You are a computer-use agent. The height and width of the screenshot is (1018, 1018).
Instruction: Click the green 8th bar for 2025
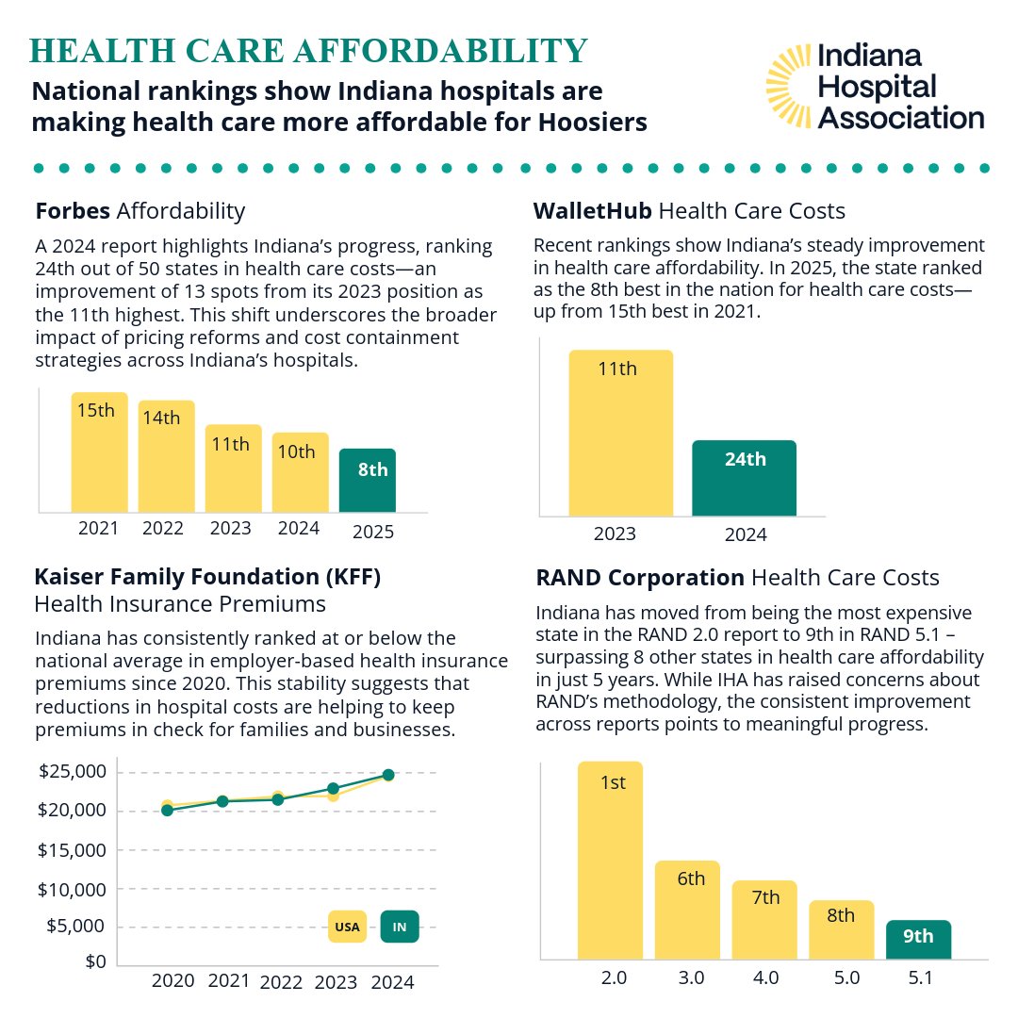click(x=368, y=480)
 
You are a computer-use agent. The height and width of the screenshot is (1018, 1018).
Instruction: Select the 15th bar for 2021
click(x=99, y=452)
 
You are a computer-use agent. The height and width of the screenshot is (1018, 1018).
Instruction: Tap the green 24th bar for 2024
click(x=744, y=478)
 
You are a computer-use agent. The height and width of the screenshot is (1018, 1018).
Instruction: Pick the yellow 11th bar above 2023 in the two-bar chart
click(x=620, y=433)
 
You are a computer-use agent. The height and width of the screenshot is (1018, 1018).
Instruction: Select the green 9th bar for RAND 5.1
click(x=918, y=940)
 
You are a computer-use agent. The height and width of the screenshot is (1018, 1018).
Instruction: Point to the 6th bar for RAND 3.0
click(x=687, y=910)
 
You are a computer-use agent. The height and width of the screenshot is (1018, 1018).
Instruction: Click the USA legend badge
click(x=347, y=927)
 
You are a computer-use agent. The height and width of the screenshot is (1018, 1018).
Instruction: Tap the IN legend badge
click(x=400, y=927)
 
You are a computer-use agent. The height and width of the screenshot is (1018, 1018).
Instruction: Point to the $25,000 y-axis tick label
click(x=73, y=772)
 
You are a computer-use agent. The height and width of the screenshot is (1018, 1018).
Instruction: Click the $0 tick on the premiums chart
click(x=94, y=962)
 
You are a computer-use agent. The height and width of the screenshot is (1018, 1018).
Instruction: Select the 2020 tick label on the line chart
click(x=172, y=981)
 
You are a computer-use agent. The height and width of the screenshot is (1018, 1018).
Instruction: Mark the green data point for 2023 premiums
click(x=333, y=788)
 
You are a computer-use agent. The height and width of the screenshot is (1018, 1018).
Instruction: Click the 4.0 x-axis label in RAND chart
click(x=766, y=978)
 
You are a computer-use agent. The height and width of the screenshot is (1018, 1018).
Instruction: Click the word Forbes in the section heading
click(x=74, y=210)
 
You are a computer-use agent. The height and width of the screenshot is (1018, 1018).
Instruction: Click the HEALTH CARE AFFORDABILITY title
click(x=309, y=52)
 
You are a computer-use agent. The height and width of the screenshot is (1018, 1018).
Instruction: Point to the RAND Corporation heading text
click(x=641, y=577)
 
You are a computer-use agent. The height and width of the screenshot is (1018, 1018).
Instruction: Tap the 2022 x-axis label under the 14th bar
click(x=163, y=528)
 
